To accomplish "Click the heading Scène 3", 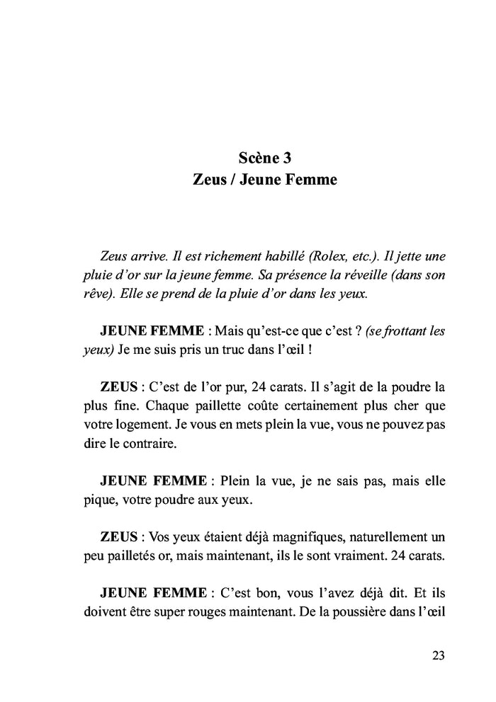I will [265, 156].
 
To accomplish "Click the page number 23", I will [437, 656].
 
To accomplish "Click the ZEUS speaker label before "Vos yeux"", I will [119, 536].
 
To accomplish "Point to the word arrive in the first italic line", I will [150, 256].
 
